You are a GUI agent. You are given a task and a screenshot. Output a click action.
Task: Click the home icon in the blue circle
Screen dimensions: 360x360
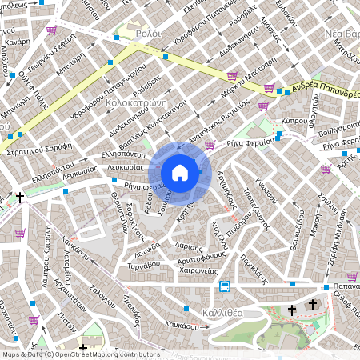[x=180, y=172]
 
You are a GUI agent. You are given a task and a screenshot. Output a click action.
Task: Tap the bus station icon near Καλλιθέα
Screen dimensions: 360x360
[x=226, y=287]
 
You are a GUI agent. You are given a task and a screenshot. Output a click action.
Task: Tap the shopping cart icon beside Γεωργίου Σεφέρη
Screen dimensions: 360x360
[x=52, y=30]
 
